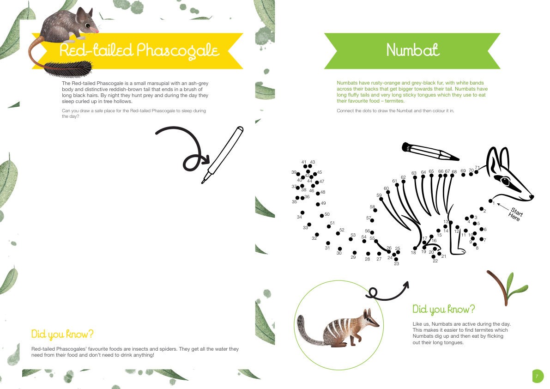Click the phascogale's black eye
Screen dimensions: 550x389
pos(88,25)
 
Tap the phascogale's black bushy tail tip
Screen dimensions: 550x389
pos(68,68)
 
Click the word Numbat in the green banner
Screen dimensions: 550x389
pos(413,50)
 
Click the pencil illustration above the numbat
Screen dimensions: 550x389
pos(430,152)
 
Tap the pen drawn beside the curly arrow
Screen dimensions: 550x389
pos(223,155)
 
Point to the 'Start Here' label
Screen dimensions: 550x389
pos(515,214)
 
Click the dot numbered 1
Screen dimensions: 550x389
pos(490,201)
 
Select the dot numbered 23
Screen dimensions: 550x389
pos(394,259)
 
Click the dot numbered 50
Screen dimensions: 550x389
pos(322,216)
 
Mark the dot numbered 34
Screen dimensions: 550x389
pos(302,213)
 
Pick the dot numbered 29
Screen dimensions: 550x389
pos(355,253)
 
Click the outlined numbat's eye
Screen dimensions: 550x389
pos(506,181)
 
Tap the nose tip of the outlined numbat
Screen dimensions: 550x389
pos(532,197)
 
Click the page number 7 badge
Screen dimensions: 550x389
pos(538,377)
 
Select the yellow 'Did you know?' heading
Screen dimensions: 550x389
pos(62,334)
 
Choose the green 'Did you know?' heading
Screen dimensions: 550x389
pos(443,309)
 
